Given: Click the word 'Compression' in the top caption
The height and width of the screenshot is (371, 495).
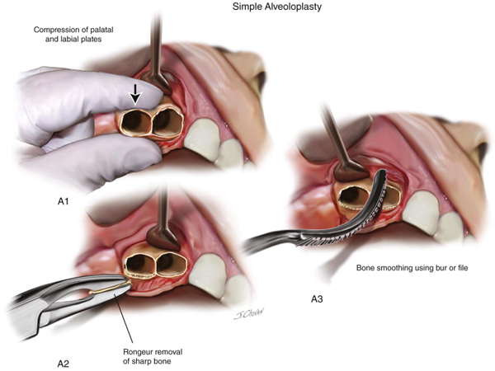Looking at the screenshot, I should tap(59, 31).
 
